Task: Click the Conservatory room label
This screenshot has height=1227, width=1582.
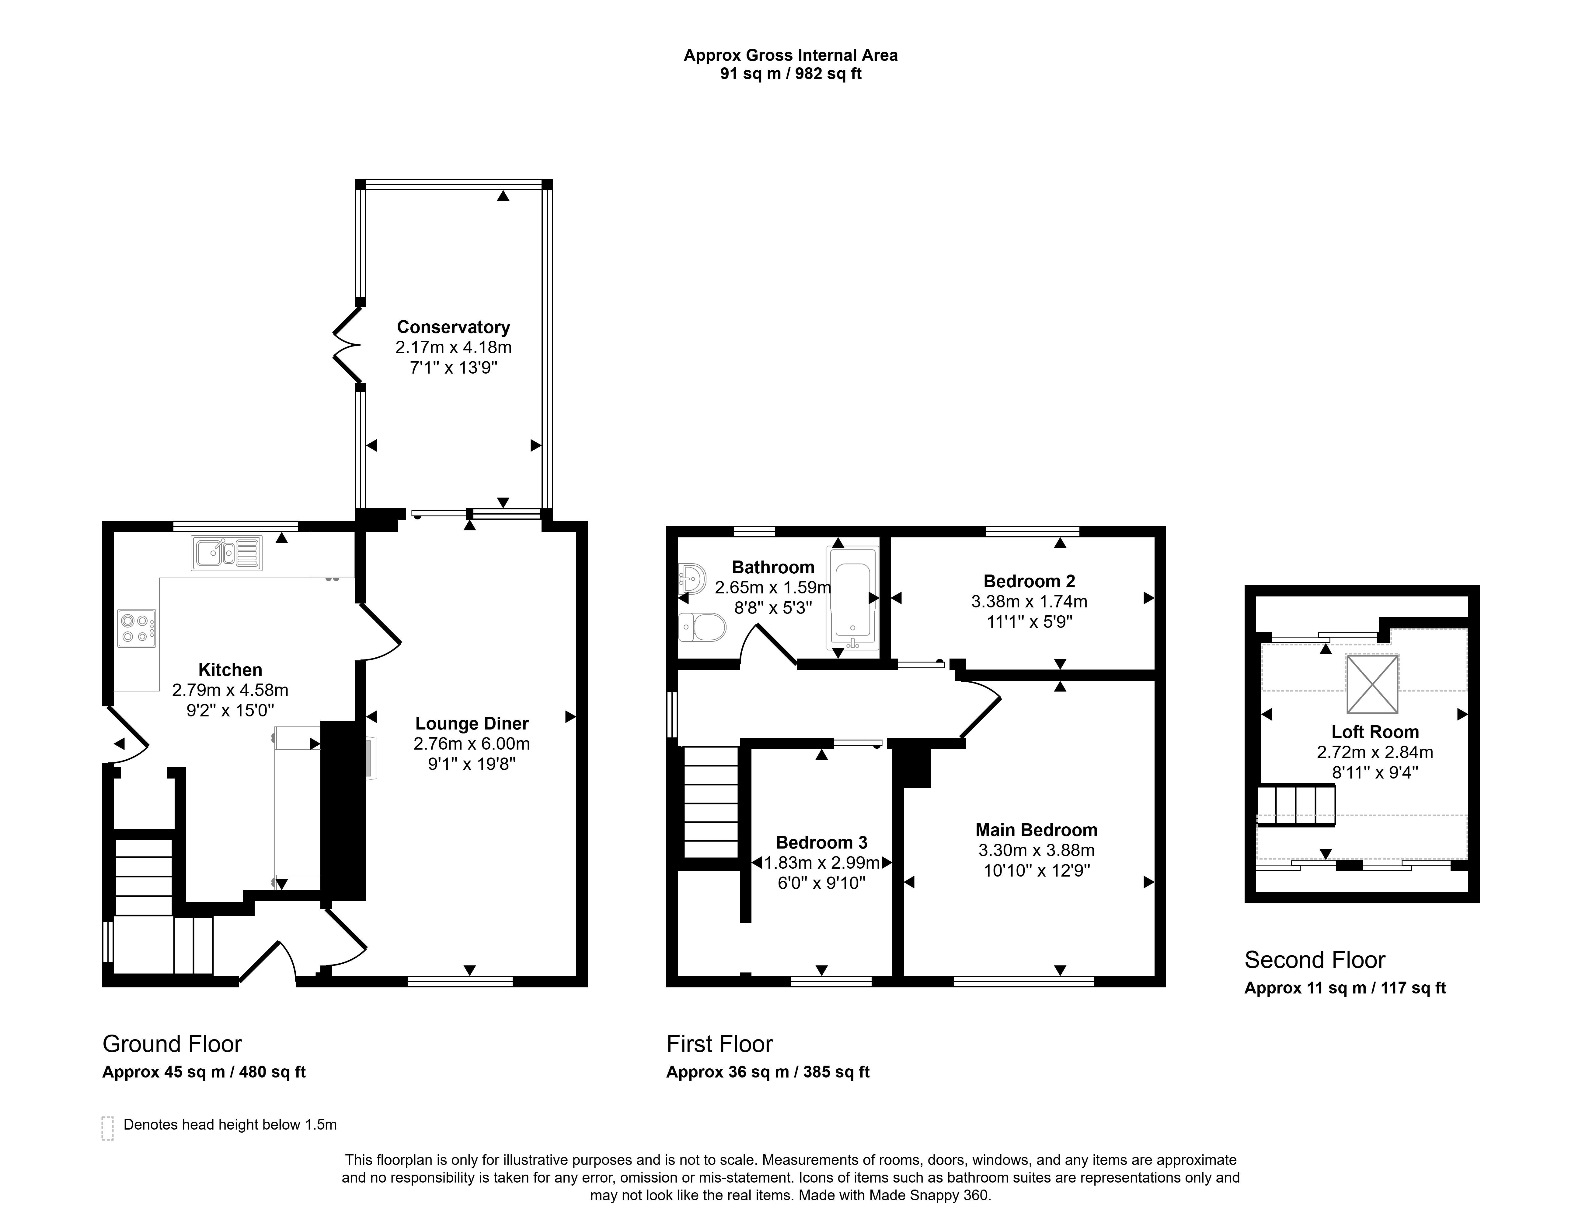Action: [x=453, y=327]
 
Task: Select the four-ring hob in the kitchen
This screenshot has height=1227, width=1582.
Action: [x=137, y=628]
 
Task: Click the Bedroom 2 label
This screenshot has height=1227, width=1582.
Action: [x=1029, y=581]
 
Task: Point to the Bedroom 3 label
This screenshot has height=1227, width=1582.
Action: [x=821, y=842]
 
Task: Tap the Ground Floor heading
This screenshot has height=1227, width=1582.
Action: [x=172, y=1044]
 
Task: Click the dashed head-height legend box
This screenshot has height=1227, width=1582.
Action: [x=108, y=1128]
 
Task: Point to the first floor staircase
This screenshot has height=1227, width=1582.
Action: [x=711, y=802]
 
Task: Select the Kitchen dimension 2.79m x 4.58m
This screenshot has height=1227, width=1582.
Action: [x=230, y=690]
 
